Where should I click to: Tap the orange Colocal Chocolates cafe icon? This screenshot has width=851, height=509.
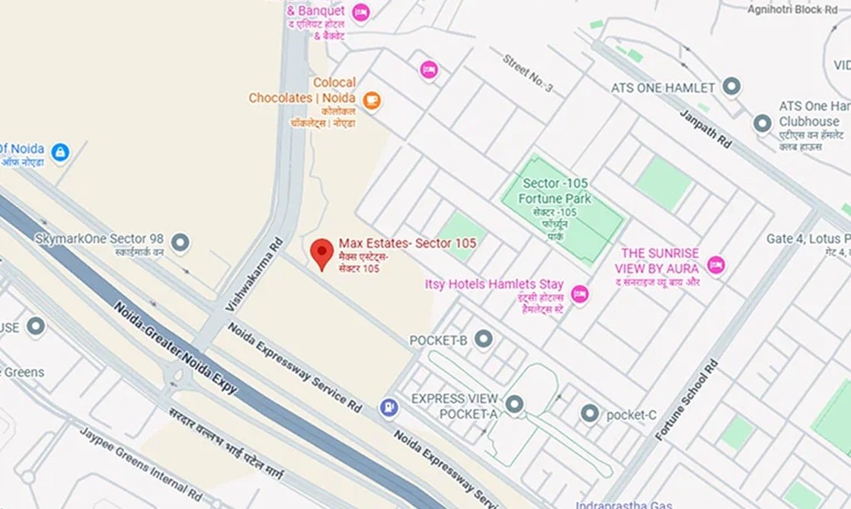(x=371, y=100)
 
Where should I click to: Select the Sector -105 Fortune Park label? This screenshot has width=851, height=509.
(x=557, y=191)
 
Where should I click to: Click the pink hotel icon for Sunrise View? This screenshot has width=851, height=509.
(x=715, y=265)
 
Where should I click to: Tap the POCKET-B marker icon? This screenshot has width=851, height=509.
(x=483, y=339)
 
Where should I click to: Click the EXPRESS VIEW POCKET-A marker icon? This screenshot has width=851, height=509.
(x=515, y=404)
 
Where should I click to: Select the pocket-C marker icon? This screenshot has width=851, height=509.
(x=589, y=414)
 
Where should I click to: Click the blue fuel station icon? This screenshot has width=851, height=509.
(x=389, y=408)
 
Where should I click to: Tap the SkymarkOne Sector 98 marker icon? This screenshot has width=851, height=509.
(x=181, y=243)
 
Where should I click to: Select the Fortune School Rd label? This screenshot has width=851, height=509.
(x=686, y=400)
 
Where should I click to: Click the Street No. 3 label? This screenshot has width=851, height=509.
(x=527, y=75)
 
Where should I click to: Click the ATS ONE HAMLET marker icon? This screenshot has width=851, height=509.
(x=732, y=87)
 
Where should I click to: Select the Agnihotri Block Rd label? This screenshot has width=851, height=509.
(x=792, y=10)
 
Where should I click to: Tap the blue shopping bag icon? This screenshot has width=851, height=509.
(x=59, y=152)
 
